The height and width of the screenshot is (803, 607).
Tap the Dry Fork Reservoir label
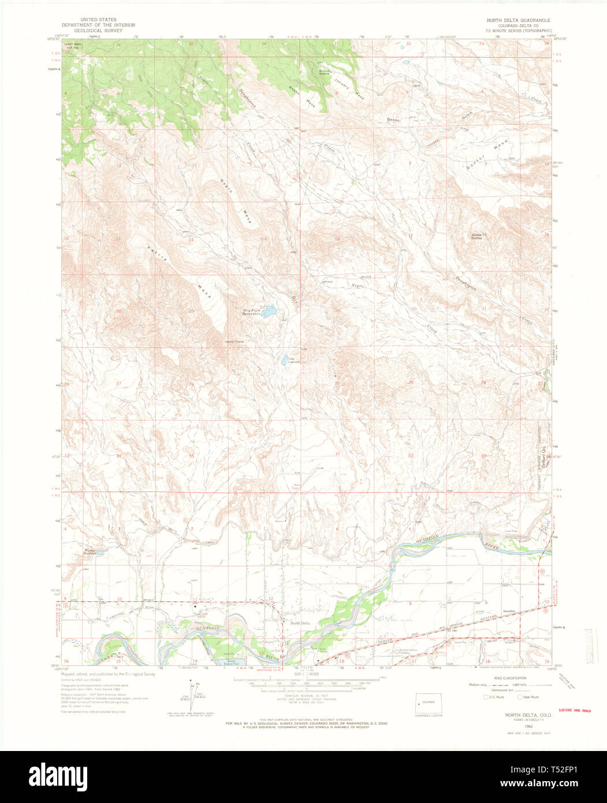pyautogui.click(x=251, y=312)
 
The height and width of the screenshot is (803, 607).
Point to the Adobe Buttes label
pyautogui.click(x=477, y=236)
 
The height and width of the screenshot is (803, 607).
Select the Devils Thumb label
pyautogui.click(x=235, y=341)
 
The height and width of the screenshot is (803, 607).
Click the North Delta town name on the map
pyautogui.click(x=300, y=622)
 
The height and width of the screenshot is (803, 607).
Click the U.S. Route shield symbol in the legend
pyautogui.click(x=486, y=697)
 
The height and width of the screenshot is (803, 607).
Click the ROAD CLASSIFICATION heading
pyautogui.click(x=511, y=678)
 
